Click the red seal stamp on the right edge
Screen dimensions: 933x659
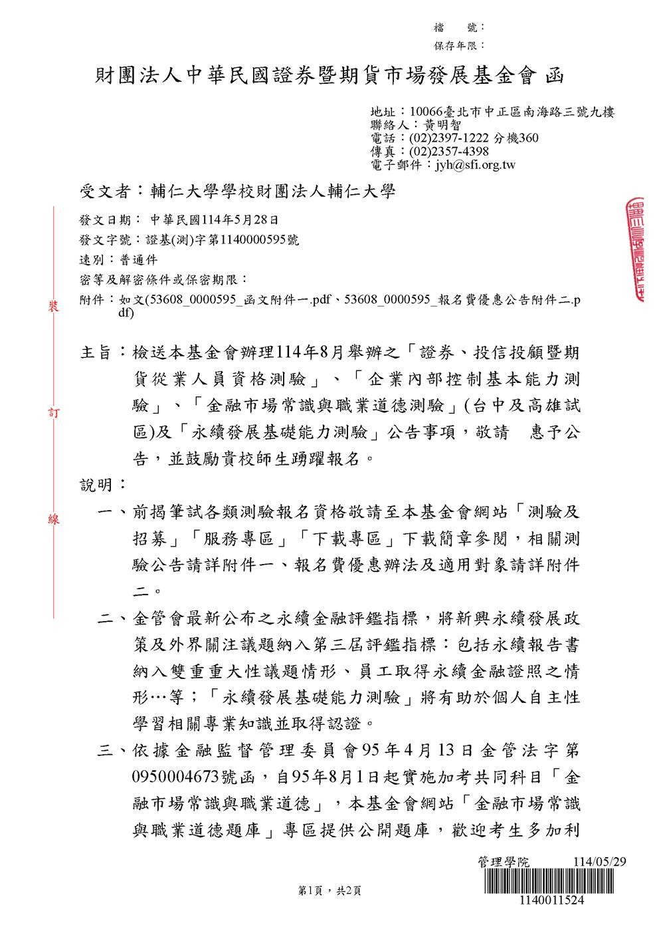[634, 249]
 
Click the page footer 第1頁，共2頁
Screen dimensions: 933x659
[329, 891]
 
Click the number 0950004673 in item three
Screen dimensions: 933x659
[179, 777]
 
